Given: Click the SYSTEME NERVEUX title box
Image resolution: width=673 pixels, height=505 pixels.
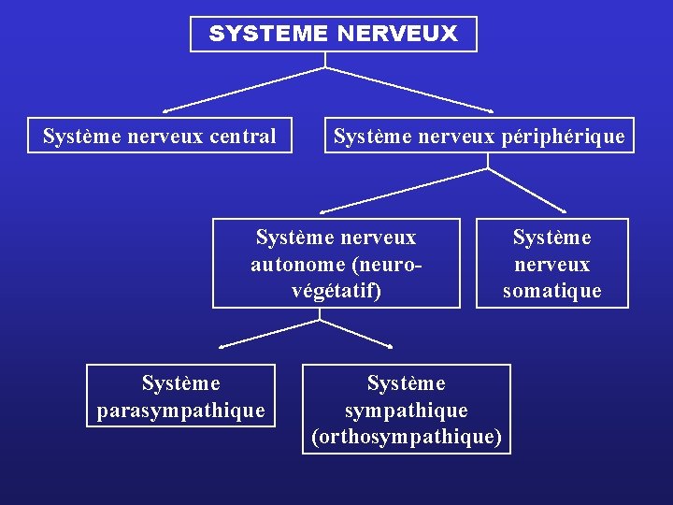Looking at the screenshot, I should pyautogui.click(x=333, y=34).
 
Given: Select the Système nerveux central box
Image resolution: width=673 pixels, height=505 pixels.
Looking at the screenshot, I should pyautogui.click(x=160, y=137).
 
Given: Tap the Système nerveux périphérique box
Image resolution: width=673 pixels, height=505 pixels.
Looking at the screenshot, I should pyautogui.click(x=480, y=137).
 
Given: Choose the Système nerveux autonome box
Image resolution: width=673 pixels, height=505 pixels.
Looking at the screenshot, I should pyautogui.click(x=336, y=263).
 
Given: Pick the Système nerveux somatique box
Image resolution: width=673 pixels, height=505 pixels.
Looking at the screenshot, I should pyautogui.click(x=551, y=263).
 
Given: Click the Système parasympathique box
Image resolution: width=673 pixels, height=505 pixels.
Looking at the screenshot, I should pyautogui.click(x=181, y=396).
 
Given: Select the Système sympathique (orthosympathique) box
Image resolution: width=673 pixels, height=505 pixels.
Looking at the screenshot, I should pyautogui.click(x=407, y=409).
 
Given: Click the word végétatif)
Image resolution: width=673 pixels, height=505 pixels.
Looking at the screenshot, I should pyautogui.click(x=336, y=290).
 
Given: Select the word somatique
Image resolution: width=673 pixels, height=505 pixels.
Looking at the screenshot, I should pyautogui.click(x=551, y=291).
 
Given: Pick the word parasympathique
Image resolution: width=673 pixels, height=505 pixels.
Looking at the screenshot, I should pyautogui.click(x=181, y=410).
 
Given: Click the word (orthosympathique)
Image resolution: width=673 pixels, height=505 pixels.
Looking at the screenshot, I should pyautogui.click(x=407, y=437).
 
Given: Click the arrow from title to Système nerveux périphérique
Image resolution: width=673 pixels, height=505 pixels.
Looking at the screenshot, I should pyautogui.click(x=411, y=88).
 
